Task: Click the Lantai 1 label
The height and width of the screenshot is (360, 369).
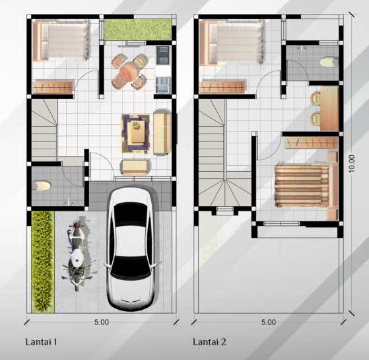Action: pyautogui.click(x=42, y=342)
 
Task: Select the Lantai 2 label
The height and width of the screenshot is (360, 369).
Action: pyautogui.click(x=209, y=342)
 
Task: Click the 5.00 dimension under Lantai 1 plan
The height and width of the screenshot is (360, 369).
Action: pyautogui.click(x=100, y=322)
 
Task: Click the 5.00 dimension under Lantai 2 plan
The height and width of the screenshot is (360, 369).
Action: pyautogui.click(x=268, y=322)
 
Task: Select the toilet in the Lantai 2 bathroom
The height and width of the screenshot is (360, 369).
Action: pyautogui.click(x=325, y=62)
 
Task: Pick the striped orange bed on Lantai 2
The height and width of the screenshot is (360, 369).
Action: pyautogui.click(x=303, y=185)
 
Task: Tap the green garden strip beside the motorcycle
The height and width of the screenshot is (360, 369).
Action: pyautogui.click(x=42, y=261)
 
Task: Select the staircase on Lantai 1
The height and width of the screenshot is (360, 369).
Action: pyautogui.click(x=44, y=128)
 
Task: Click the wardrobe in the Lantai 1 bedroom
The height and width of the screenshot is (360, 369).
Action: pyautogui.click(x=52, y=87)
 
